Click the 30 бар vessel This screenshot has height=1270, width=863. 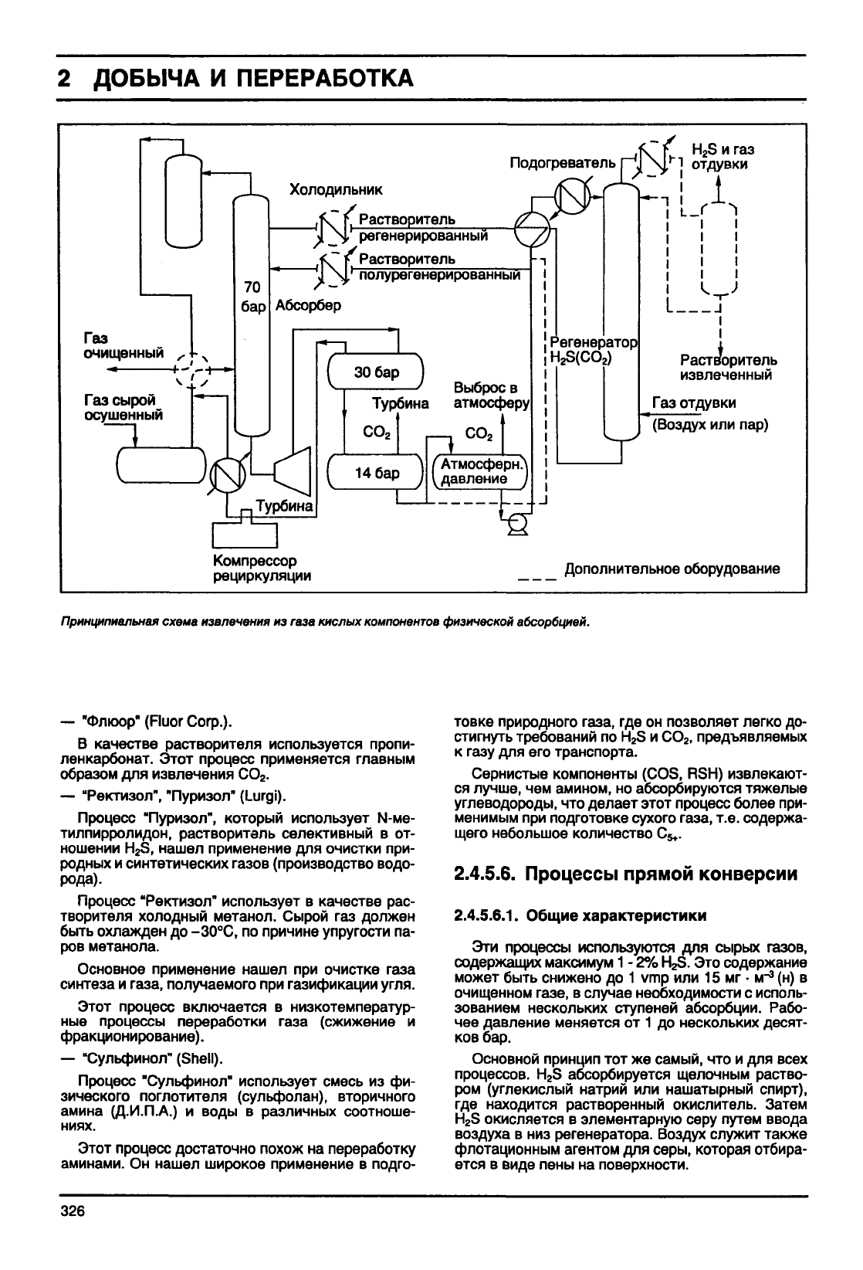coord(376,371)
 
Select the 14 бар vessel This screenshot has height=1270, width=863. coord(376,472)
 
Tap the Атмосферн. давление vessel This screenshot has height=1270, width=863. coord(480,472)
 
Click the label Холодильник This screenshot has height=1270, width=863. coord(336,189)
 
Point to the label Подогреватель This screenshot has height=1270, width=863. coord(562,163)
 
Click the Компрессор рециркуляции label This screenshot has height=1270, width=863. coord(262,568)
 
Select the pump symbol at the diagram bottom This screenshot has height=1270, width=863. coord(516,525)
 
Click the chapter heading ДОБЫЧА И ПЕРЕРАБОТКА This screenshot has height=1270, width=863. coord(252,78)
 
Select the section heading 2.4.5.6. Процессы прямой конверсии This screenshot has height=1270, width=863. coord(625,874)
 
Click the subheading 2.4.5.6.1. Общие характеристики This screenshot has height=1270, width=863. coord(580,915)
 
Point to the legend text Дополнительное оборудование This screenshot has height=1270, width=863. coord(672,569)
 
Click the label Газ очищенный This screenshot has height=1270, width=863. coord(124,345)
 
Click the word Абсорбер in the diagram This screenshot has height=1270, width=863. coord(308,306)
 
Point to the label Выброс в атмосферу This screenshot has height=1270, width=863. coord(491,396)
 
